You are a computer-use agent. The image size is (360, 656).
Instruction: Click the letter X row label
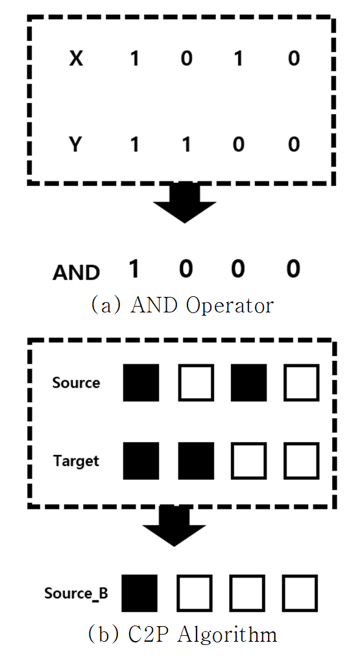point(76,58)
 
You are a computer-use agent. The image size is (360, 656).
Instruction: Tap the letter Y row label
point(75,145)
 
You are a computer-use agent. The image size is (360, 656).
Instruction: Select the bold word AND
point(76,272)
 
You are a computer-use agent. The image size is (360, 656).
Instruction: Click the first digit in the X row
point(134,58)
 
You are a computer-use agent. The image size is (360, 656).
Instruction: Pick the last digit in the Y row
point(294,145)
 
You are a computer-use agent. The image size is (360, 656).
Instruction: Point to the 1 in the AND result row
point(134,268)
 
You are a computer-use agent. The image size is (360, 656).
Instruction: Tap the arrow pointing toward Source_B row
point(174,526)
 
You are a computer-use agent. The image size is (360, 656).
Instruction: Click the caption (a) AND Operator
point(182,305)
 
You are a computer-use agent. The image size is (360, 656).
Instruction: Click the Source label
point(76,383)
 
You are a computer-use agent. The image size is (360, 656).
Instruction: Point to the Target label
point(76,461)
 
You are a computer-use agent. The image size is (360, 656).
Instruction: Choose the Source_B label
point(76,593)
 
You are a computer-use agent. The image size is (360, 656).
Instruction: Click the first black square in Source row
point(141,383)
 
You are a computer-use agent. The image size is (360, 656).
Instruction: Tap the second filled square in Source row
point(248,383)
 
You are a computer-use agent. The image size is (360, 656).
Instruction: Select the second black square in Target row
point(196,461)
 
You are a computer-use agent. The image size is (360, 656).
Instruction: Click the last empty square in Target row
point(302,461)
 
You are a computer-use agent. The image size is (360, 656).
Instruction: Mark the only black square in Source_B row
point(140,593)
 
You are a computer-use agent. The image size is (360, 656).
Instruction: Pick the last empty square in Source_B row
point(300,593)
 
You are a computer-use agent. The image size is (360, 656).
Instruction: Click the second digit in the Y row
point(186,145)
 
